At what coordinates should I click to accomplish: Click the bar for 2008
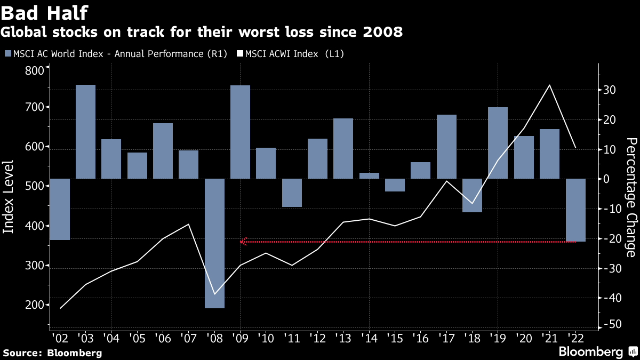214,243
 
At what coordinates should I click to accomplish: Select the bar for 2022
575,210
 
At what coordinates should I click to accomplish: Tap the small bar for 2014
369,175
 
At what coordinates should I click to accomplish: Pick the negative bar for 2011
292,193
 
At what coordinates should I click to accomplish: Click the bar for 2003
85,132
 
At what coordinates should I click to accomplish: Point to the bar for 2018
472,195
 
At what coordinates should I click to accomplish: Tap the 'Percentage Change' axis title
631,197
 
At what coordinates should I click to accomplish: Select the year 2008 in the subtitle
383,33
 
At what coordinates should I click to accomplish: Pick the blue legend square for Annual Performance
7,53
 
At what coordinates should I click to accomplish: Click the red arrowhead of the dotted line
243,242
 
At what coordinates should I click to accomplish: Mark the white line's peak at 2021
550,85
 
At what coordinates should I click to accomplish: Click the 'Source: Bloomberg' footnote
52,353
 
